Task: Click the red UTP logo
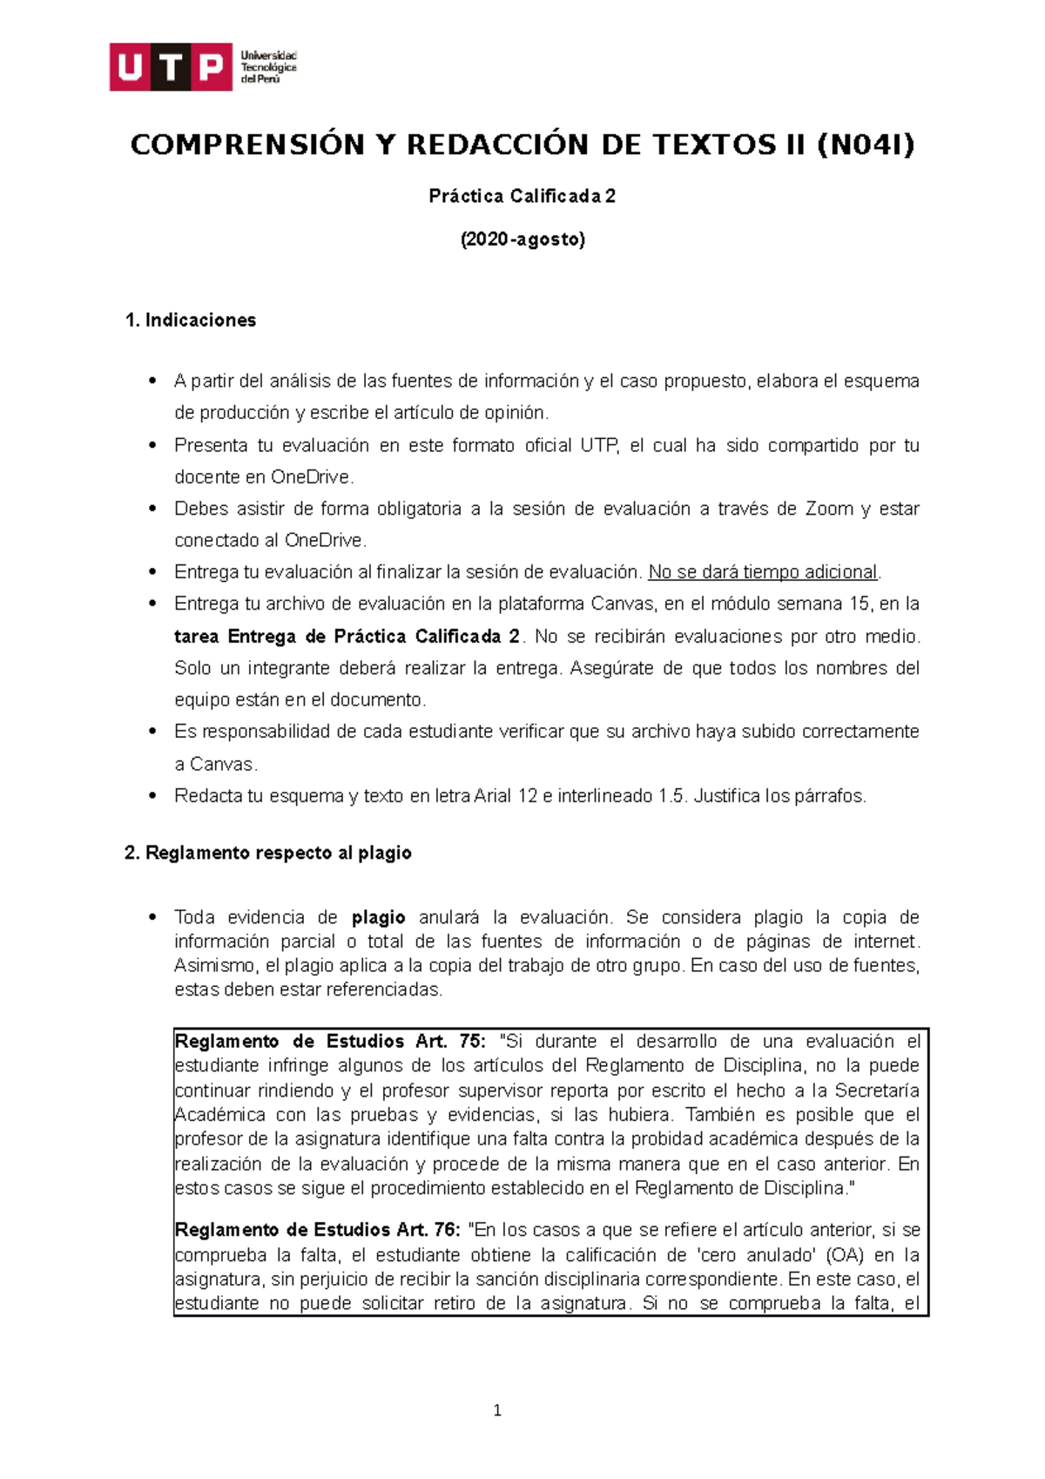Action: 171,66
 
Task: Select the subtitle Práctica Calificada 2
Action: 522,196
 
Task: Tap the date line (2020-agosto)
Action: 522,240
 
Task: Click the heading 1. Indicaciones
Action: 191,321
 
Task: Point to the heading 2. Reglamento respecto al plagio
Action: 268,854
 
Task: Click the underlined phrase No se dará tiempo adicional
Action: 764,572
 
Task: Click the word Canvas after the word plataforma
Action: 622,604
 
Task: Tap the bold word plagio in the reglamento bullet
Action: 378,917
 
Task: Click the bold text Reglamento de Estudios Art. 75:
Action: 331,1042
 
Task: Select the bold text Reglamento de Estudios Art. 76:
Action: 318,1230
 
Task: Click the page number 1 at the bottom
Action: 497,1411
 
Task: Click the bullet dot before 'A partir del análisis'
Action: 153,381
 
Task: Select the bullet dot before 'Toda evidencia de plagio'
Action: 153,916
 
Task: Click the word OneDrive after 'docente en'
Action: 310,477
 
